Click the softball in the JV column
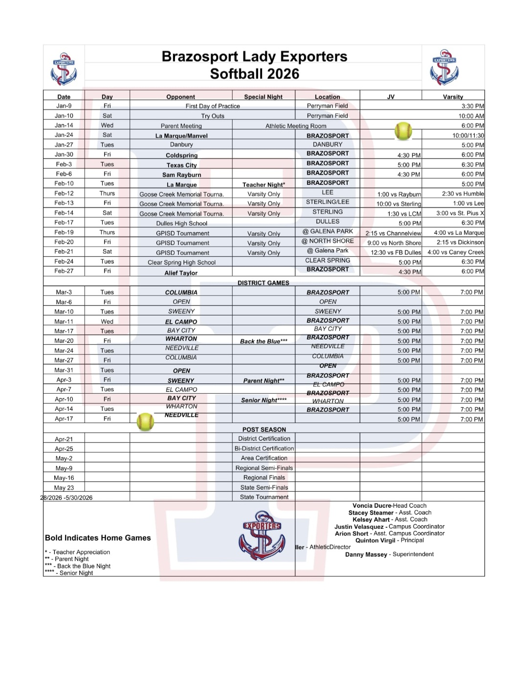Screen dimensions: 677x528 tap(403, 131)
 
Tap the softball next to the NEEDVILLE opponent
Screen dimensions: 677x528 tap(145, 422)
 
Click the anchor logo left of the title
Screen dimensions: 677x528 tap(64, 69)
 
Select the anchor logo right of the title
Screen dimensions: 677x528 tap(444, 68)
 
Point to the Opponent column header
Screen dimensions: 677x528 tap(180, 97)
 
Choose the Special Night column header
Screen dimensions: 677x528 tap(263, 97)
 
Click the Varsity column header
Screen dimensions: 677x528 tap(453, 97)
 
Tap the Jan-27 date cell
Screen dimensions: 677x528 tap(64, 145)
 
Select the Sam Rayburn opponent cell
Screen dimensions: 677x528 tap(181, 175)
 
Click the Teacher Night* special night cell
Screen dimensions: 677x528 tap(264, 184)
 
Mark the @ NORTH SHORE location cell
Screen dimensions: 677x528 tap(328, 241)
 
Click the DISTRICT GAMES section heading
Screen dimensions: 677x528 tap(263, 283)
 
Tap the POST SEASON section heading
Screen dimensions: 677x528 tap(264, 429)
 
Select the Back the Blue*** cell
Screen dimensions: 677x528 tap(264, 341)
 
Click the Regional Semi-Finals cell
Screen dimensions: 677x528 tap(264, 468)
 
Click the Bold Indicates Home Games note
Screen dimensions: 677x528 tap(98, 538)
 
